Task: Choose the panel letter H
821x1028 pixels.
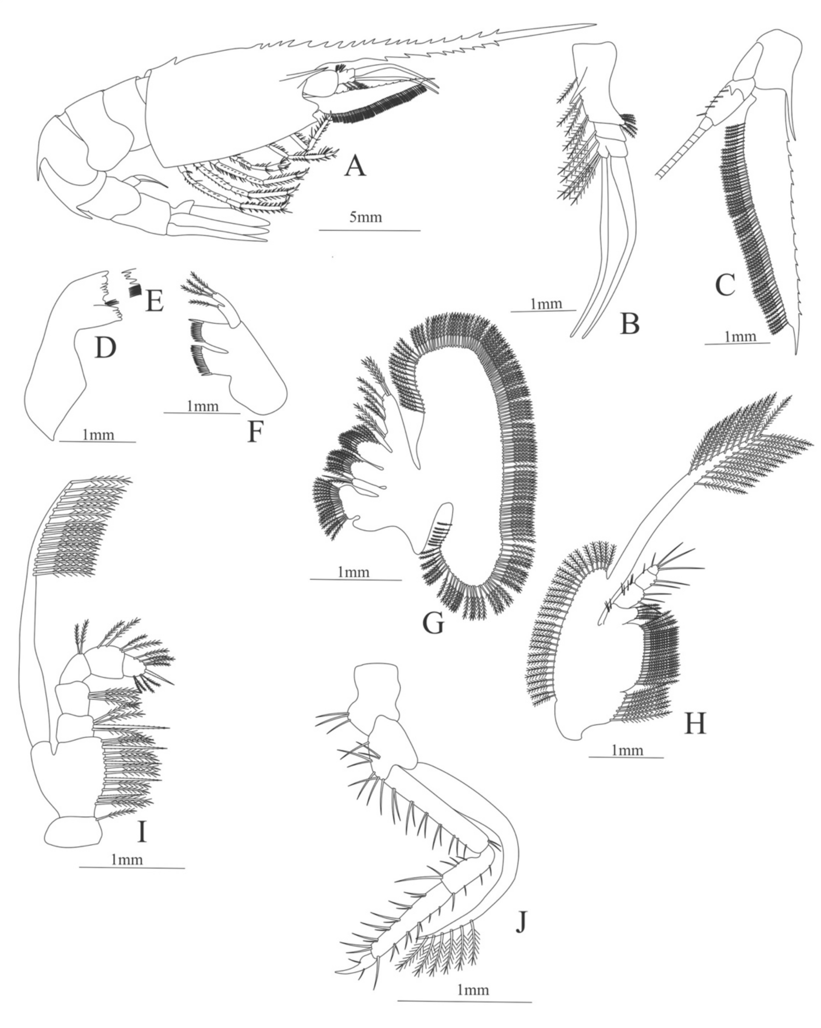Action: coord(694,724)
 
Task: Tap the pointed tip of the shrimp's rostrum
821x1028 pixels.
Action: coord(595,24)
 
